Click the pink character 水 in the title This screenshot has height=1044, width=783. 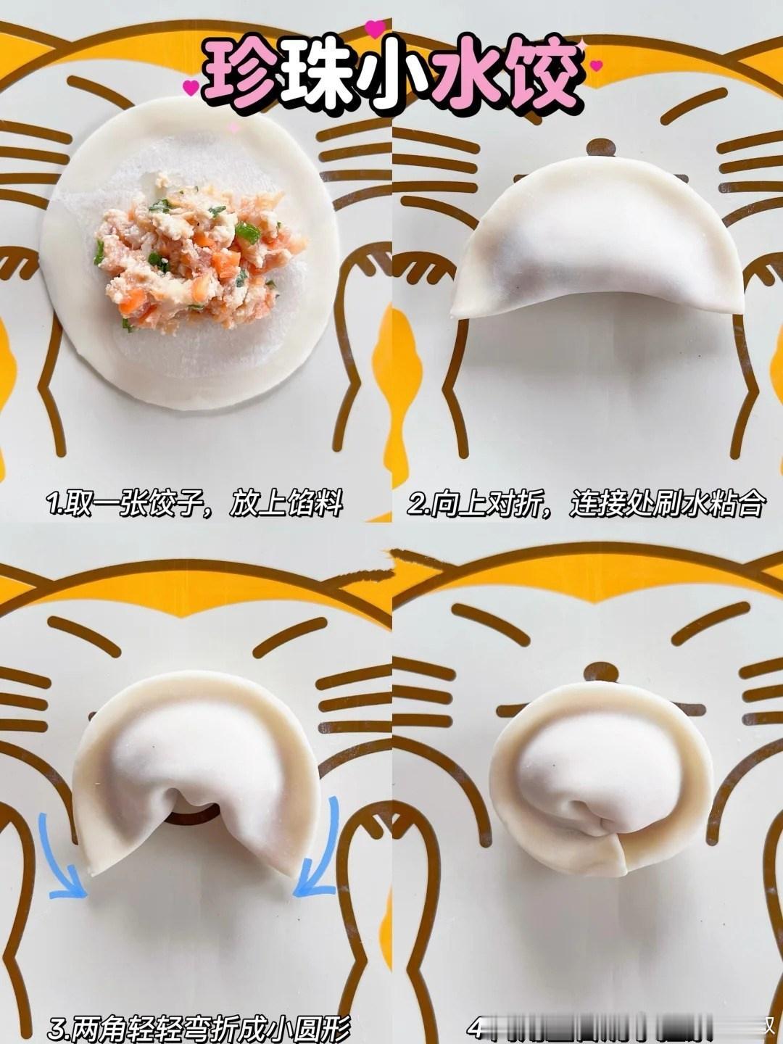tap(468, 75)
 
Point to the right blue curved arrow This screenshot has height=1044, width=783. tap(319, 855)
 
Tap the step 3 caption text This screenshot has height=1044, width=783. tap(200, 1027)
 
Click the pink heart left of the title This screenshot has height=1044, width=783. tap(191, 88)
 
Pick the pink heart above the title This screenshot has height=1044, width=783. tap(376, 28)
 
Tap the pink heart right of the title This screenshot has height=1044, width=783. tap(596, 66)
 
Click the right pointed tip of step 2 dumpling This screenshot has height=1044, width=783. tap(737, 308)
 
